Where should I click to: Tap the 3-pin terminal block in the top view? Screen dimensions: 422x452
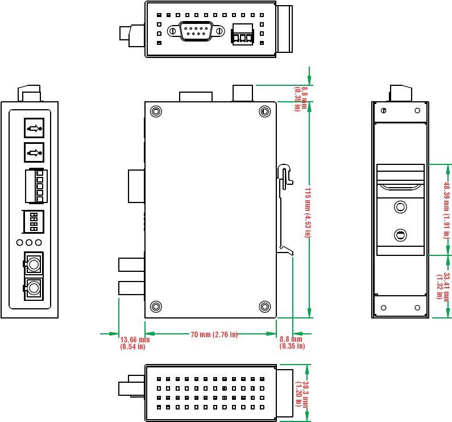point(242,35)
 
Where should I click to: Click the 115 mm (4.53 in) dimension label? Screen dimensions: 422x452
point(307,212)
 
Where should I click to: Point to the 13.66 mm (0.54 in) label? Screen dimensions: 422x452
point(135,342)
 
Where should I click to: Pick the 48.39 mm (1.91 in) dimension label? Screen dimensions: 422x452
point(447,209)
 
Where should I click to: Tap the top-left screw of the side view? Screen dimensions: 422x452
point(156,111)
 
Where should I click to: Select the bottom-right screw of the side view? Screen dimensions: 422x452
point(264,307)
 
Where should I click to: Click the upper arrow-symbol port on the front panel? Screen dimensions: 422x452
point(34,128)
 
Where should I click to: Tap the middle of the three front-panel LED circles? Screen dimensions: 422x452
point(29,243)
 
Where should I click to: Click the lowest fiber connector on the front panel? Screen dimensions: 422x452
point(34,289)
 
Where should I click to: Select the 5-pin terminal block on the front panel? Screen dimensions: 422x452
point(36,186)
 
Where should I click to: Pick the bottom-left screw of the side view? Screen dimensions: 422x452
point(156,307)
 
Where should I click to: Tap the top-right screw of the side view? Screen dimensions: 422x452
point(264,111)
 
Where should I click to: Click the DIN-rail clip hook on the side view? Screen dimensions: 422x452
point(285,176)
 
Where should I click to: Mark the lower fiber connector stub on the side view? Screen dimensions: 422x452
point(131,288)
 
